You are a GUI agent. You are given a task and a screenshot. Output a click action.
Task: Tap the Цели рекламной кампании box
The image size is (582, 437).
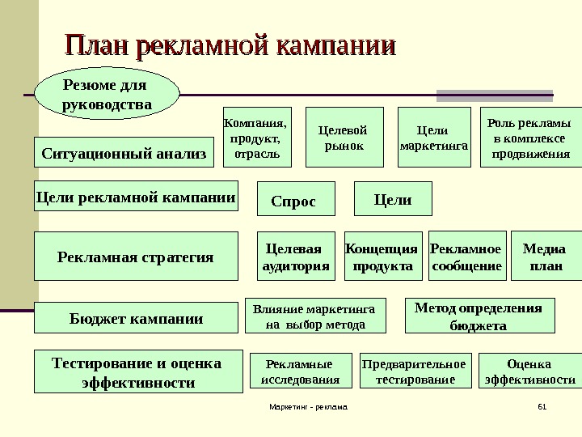pyautogui.click(x=136, y=197)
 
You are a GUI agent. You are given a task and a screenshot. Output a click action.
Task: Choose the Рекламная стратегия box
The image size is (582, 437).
pyautogui.click(x=136, y=257)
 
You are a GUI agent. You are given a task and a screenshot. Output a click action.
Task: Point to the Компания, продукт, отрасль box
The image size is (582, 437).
pyautogui.click(x=255, y=138)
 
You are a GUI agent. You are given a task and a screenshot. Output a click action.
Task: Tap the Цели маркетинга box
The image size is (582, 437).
pyautogui.click(x=435, y=138)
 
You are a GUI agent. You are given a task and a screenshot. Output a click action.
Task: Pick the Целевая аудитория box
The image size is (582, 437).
pyautogui.click(x=297, y=257)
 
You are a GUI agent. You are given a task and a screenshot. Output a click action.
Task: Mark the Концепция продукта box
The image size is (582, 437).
pyautogui.click(x=382, y=257)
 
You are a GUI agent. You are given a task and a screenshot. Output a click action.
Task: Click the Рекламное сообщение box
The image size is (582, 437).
pyautogui.click(x=466, y=257)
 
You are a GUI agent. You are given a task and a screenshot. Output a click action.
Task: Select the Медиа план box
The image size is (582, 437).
pyautogui.click(x=546, y=257)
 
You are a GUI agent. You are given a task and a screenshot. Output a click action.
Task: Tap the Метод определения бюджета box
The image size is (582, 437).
pyautogui.click(x=479, y=316)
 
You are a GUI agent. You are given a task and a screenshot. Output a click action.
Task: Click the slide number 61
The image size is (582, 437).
pyautogui.click(x=542, y=408)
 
